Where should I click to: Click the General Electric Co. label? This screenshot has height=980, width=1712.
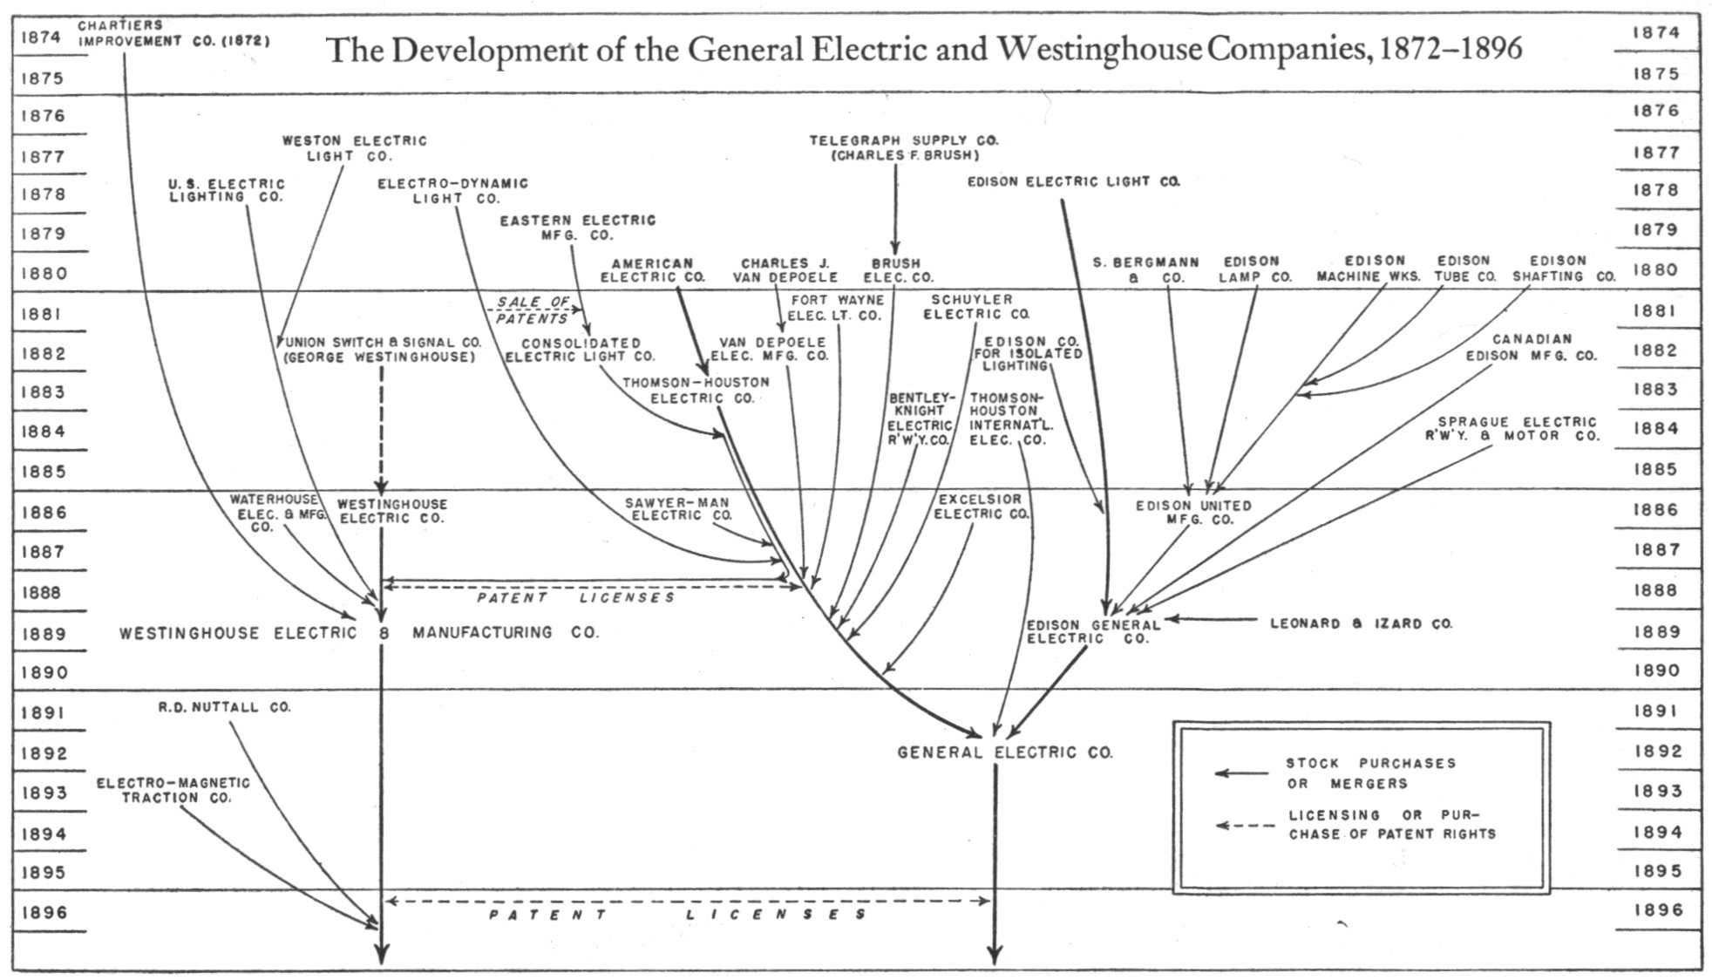click(x=1005, y=752)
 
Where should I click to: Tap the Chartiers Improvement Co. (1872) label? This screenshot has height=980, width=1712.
click(x=173, y=33)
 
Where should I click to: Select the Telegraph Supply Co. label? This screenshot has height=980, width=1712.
click(x=904, y=147)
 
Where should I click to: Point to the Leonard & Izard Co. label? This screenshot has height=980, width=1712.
click(x=1361, y=623)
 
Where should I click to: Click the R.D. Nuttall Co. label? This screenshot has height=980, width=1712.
click(x=224, y=707)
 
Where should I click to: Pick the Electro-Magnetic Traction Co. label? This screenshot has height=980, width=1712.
click(x=173, y=790)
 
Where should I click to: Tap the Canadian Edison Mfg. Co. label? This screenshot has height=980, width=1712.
click(x=1531, y=347)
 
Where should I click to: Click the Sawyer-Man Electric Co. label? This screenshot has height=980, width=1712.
click(x=677, y=509)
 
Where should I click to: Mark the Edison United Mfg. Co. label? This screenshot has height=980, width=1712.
click(x=1193, y=512)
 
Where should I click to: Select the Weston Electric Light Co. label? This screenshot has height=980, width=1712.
click(x=354, y=147)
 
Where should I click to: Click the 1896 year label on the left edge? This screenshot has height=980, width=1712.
click(x=44, y=912)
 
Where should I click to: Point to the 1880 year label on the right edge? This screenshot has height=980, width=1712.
click(x=1656, y=269)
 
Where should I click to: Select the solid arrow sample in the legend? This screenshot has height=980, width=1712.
click(x=1241, y=772)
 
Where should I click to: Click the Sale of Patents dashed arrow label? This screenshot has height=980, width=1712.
click(x=532, y=310)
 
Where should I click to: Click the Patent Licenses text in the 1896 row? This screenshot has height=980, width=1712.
click(x=677, y=915)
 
